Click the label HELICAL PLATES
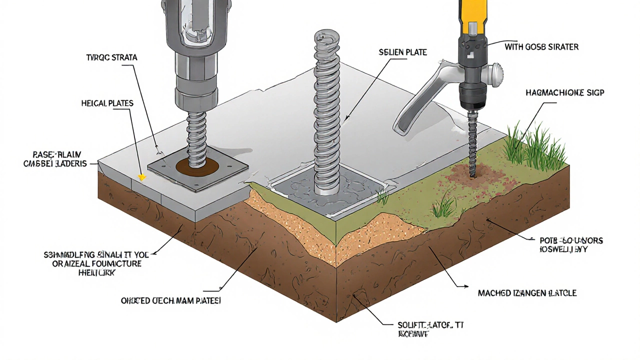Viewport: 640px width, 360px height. (x=107, y=103)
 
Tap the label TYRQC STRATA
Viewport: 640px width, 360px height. (x=111, y=58)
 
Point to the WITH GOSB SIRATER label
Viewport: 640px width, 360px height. (x=541, y=47)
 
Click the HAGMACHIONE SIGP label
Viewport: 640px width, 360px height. (x=565, y=93)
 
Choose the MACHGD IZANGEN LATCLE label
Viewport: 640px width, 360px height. (x=527, y=293)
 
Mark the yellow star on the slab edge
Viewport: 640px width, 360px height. (x=141, y=177)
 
